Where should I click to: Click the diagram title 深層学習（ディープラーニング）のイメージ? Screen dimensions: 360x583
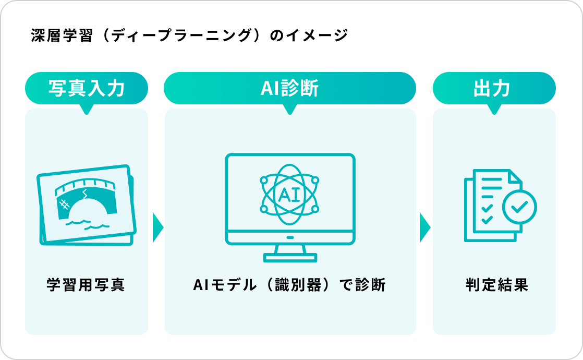[x=189, y=36]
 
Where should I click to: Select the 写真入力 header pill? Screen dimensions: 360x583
[x=87, y=88]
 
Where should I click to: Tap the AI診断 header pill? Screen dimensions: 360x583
[x=290, y=88]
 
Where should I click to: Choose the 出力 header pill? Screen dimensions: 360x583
[x=494, y=88]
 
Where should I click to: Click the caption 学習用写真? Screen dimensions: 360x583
[x=86, y=285]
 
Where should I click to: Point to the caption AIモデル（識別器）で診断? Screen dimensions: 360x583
[x=289, y=285]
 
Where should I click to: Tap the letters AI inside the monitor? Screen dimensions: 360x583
[x=289, y=195]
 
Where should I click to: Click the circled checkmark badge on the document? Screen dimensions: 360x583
[x=519, y=207]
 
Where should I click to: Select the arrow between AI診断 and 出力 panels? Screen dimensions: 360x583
[x=425, y=227]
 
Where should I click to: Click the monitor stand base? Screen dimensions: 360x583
[x=290, y=257]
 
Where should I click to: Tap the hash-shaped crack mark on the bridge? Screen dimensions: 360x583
[x=65, y=204]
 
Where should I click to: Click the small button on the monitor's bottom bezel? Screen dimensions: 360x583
[x=290, y=237]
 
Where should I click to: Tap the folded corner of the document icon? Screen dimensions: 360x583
[x=515, y=176]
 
